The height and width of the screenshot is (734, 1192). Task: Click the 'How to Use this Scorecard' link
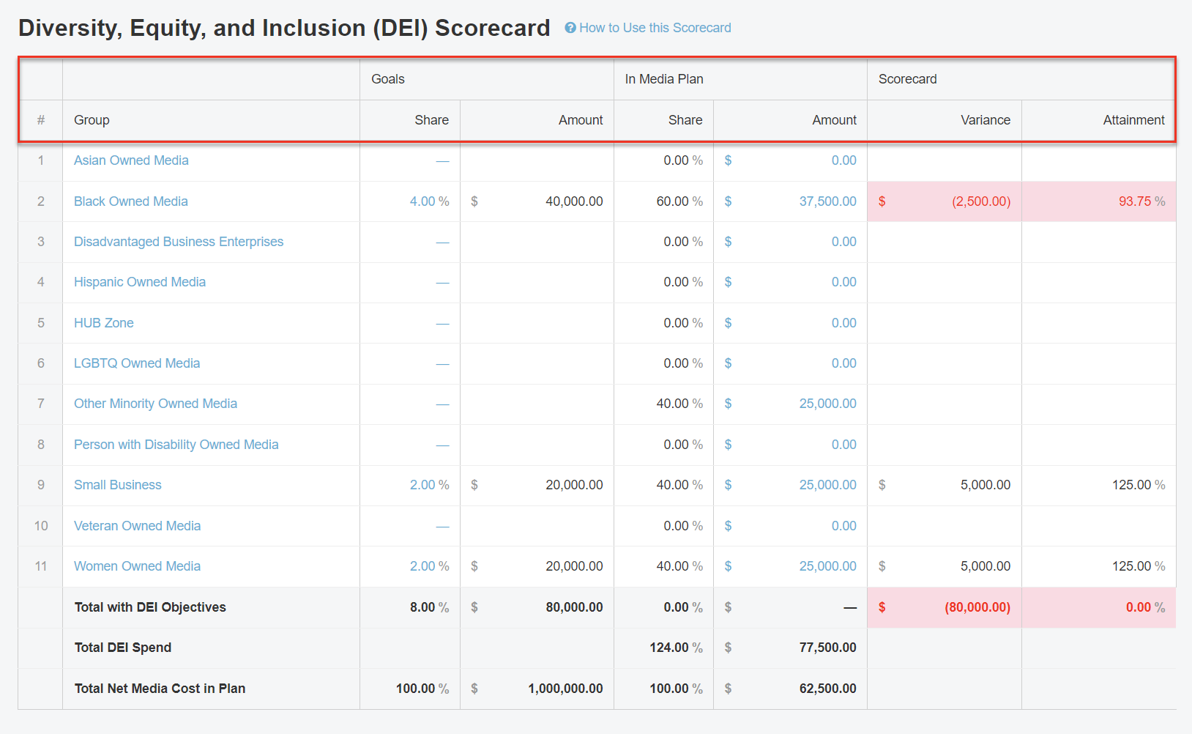click(655, 28)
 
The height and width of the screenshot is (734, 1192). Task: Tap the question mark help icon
click(570, 28)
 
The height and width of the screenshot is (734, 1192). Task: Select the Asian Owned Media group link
click(131, 160)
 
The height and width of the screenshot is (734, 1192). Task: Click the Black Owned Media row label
click(130, 201)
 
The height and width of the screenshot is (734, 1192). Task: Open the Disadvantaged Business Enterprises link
click(178, 242)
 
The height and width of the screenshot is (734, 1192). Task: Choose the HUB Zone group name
click(103, 323)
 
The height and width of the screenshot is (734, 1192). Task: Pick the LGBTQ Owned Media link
click(136, 363)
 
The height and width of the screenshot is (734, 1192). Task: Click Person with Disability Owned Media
click(176, 445)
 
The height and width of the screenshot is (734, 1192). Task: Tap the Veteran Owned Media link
click(137, 526)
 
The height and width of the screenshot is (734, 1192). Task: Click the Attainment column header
click(1133, 120)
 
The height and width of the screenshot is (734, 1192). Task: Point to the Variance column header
click(985, 120)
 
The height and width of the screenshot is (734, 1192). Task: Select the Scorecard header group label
click(907, 79)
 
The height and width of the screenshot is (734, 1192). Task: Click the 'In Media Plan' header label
click(663, 79)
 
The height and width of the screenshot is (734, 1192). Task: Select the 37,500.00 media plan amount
click(827, 201)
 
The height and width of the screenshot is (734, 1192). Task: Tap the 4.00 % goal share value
click(429, 201)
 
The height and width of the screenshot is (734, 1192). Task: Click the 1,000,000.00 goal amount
click(565, 689)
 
